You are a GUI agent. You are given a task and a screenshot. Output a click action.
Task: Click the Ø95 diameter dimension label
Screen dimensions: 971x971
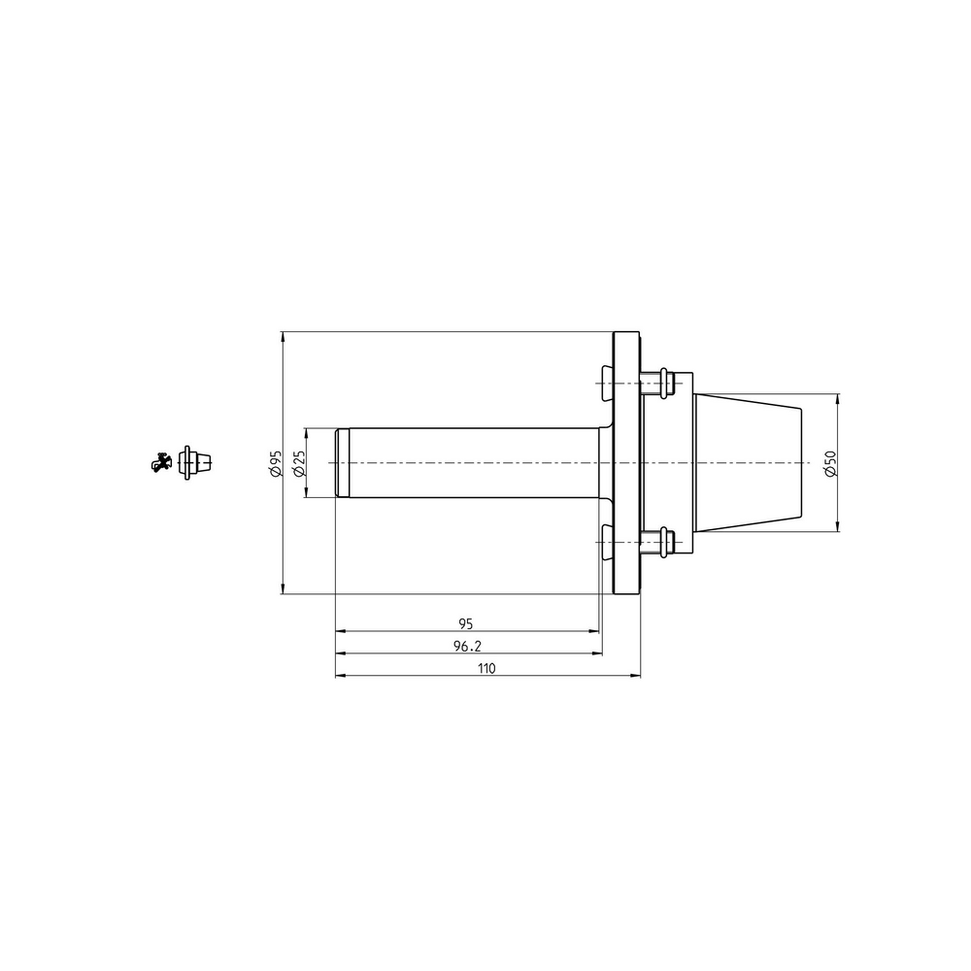pyautogui.click(x=276, y=463)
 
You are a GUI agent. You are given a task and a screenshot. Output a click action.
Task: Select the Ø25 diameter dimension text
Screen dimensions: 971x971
pyautogui.click(x=299, y=463)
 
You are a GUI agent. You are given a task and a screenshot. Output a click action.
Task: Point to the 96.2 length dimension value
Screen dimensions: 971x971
pyautogui.click(x=467, y=646)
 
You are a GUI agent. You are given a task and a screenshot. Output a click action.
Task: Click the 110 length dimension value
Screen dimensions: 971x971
pyautogui.click(x=486, y=668)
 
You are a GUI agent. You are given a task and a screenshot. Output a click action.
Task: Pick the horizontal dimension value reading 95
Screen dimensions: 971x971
pyautogui.click(x=466, y=622)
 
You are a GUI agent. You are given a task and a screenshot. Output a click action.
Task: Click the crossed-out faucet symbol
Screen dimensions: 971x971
pyautogui.click(x=161, y=462)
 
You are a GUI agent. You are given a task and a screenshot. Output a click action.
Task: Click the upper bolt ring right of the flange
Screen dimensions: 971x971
pyautogui.click(x=663, y=383)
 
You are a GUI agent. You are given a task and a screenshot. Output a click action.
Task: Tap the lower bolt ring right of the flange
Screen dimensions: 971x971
pyautogui.click(x=663, y=542)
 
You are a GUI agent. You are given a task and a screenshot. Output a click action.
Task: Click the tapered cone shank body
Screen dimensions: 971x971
pyautogui.click(x=748, y=463)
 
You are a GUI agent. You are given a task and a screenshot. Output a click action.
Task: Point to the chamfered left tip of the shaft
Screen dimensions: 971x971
pyautogui.click(x=341, y=463)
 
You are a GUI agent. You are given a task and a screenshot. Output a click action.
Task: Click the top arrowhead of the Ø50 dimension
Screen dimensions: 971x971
pyautogui.click(x=838, y=399)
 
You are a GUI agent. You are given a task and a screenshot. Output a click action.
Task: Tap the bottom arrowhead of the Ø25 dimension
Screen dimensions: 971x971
pyautogui.click(x=306, y=492)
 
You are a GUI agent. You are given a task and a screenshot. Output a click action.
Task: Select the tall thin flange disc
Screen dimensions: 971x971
pyautogui.click(x=626, y=463)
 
